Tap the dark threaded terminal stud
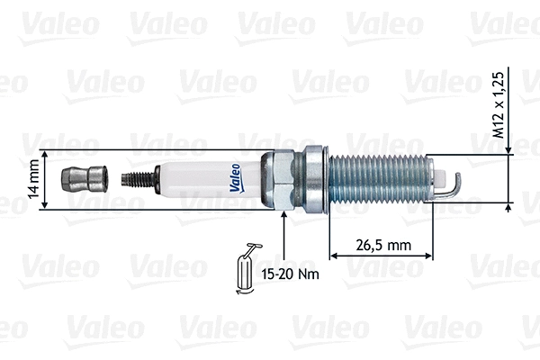[x=137, y=179]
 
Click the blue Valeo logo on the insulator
[x=233, y=178]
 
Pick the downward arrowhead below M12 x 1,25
[x=509, y=146]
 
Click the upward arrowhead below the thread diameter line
[x=509, y=209]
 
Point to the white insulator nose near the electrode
[x=440, y=179]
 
